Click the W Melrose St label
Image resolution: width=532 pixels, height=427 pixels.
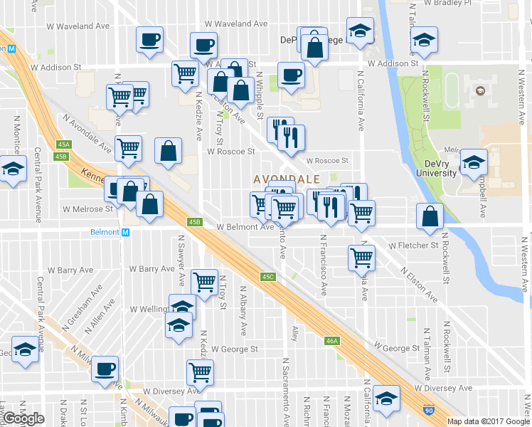pos(87,209)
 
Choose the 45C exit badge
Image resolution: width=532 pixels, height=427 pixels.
pos(267,276)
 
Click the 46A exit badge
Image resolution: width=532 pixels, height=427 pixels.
pos(332,341)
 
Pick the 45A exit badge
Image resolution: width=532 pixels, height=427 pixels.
pos(63,144)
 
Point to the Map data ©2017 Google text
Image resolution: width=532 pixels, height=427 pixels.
pos(489,421)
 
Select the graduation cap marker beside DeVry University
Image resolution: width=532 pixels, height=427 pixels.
pos(473,163)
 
